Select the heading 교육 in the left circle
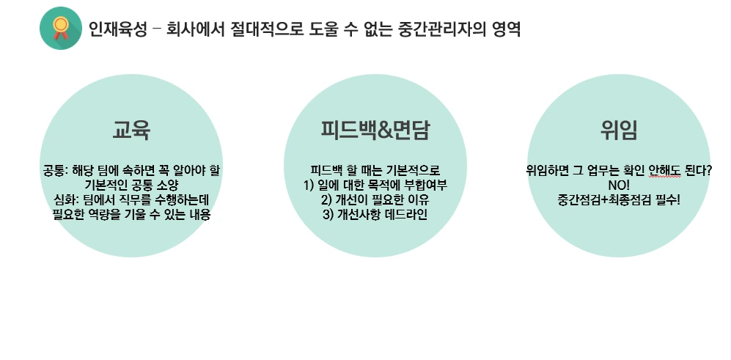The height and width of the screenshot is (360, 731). click(131, 130)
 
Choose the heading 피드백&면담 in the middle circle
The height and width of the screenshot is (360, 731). click(375, 130)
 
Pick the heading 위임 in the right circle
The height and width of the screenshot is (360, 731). click(619, 130)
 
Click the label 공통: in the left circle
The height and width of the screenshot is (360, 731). click(56, 170)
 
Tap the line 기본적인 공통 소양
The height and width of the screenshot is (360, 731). click(132, 185)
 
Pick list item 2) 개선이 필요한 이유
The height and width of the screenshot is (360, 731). click(375, 199)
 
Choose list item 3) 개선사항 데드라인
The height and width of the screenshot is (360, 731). click(375, 214)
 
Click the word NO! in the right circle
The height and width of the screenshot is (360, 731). click(619, 185)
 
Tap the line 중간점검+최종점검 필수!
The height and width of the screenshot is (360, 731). click(619, 199)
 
